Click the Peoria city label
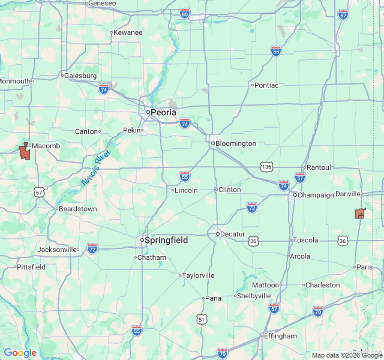[x=163, y=112]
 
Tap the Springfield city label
[x=166, y=240]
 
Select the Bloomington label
[x=236, y=143]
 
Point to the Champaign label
[x=316, y=195]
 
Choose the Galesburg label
[x=81, y=76]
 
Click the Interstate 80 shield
[x=184, y=13]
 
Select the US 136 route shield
[x=266, y=166]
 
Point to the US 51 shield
[x=202, y=320]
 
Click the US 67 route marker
[x=39, y=192]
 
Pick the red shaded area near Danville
[x=360, y=213]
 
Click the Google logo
[x=20, y=353]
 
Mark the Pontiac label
[x=266, y=85]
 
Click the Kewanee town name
[x=128, y=32]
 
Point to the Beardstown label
[x=77, y=209]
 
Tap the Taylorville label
[x=198, y=275]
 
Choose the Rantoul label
[x=318, y=167]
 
